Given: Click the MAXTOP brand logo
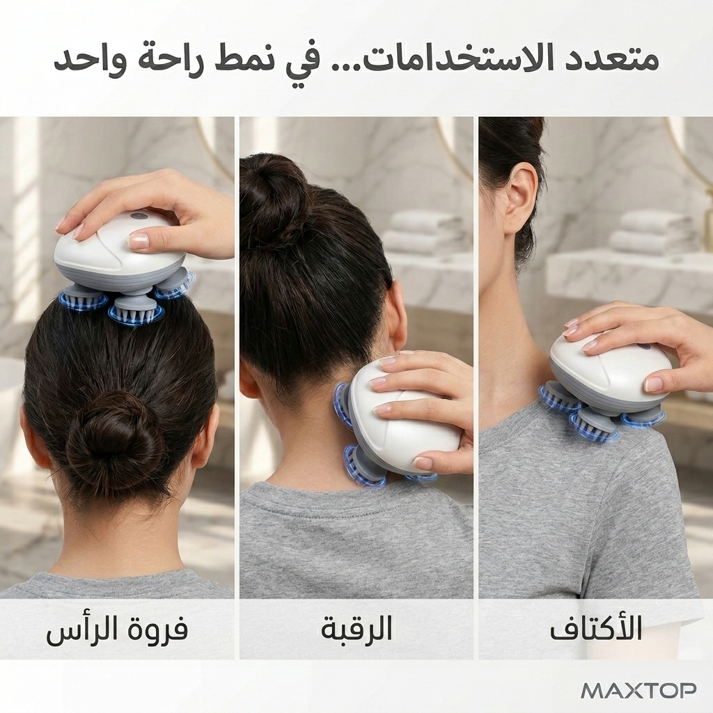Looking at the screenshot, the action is point(639,690).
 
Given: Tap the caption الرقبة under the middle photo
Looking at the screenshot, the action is point(356,629).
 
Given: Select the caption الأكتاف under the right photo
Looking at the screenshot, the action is point(596,629).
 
